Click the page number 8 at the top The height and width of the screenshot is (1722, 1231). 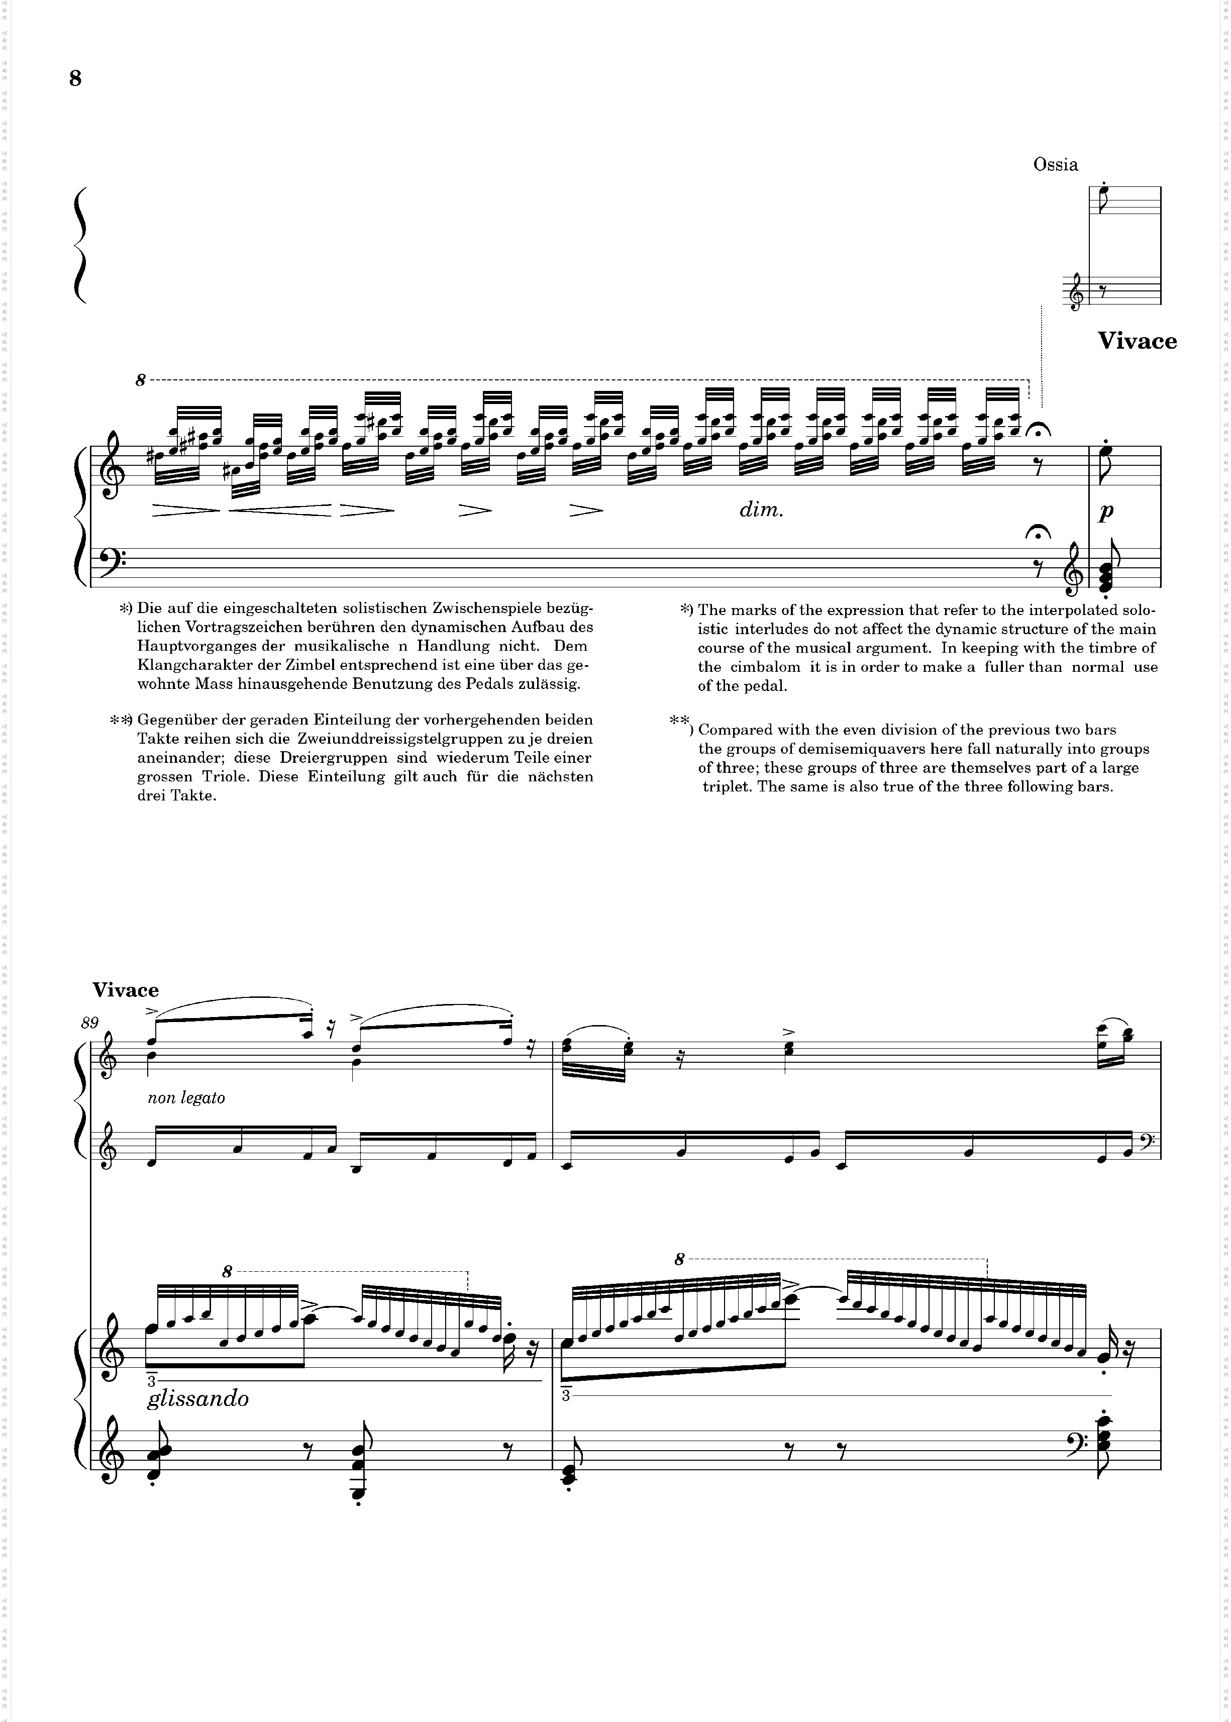[x=75, y=79]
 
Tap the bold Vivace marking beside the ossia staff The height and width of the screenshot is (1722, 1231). [x=1137, y=341]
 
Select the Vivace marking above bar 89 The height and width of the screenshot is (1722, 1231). [x=126, y=990]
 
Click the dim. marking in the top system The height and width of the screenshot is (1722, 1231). [x=761, y=510]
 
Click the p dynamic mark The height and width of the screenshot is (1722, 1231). [x=1106, y=513]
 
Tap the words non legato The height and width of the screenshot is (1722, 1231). [x=186, y=1097]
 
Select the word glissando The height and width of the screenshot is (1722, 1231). [x=198, y=1399]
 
